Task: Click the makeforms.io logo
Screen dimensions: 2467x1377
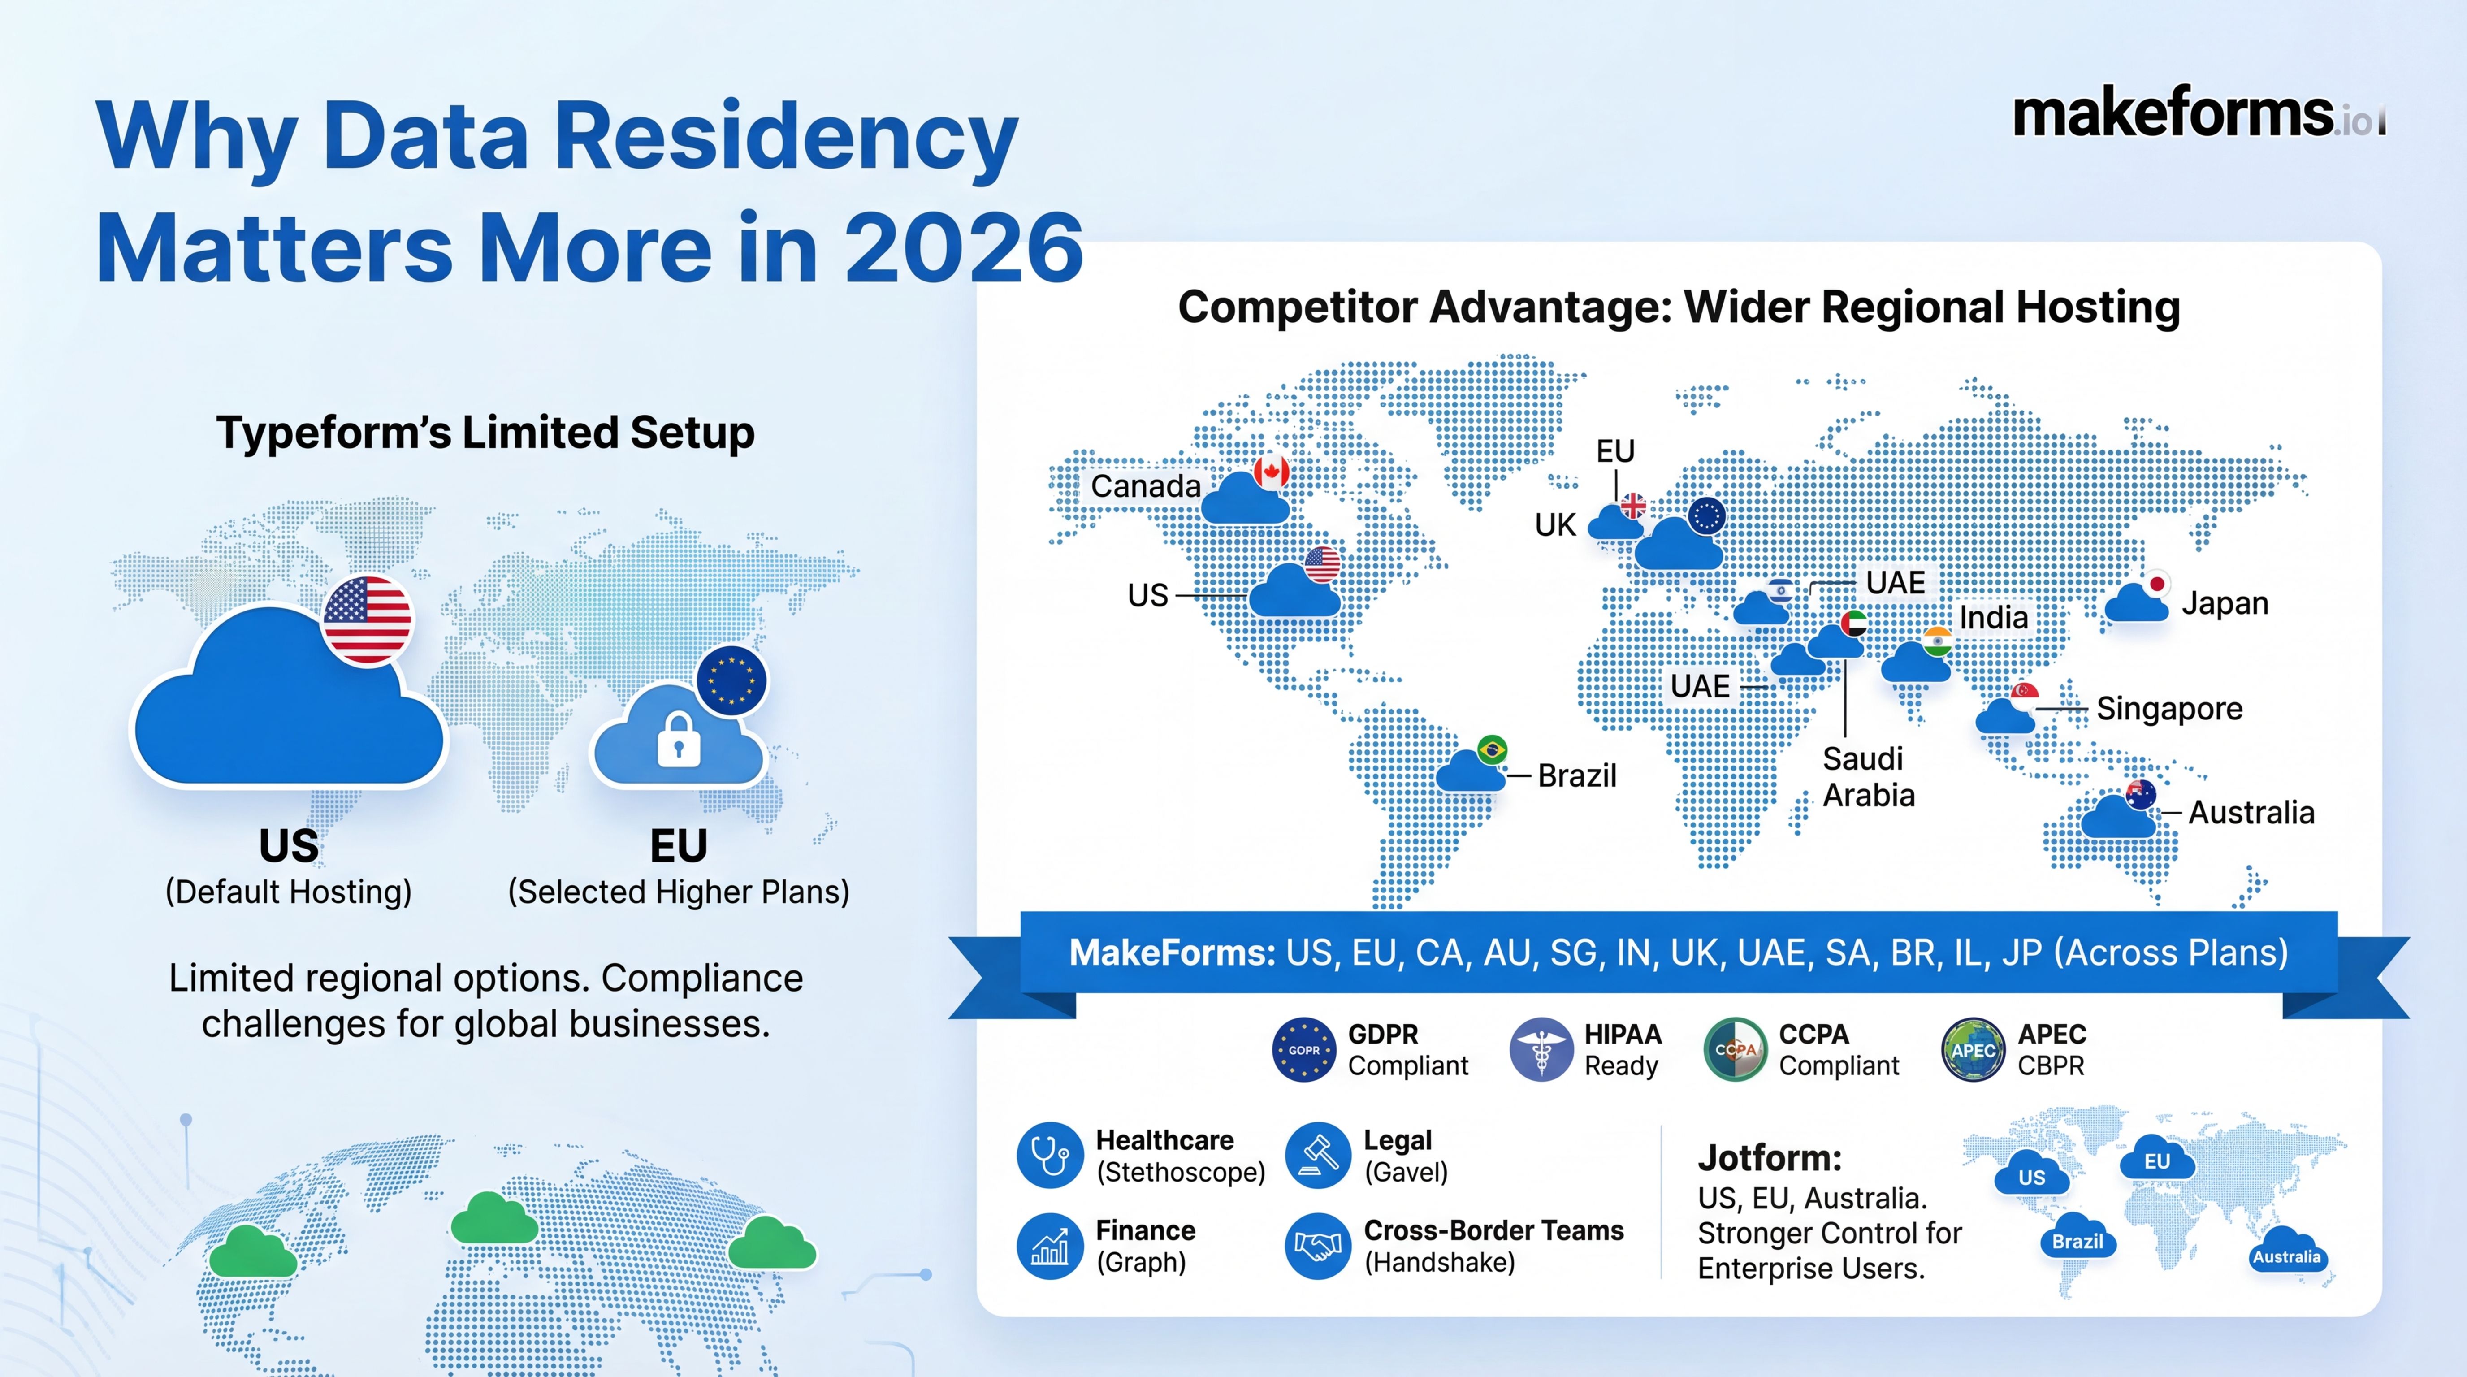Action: coord(2199,115)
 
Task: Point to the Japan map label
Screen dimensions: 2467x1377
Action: coord(2225,603)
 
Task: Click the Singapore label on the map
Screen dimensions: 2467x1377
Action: coord(2169,709)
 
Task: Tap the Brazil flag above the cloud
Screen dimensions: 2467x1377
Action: coord(1492,749)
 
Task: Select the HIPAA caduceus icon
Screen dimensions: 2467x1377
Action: coord(1541,1049)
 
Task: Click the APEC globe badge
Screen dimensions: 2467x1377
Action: coord(1973,1049)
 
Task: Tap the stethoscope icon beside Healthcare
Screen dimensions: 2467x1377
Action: coord(1050,1155)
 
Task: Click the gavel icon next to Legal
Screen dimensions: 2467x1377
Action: coord(1318,1155)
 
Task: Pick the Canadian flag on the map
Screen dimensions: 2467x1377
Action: coord(1271,471)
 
